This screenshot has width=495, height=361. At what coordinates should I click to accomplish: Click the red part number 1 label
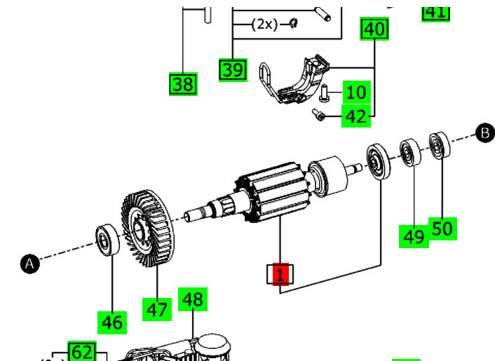click(280, 274)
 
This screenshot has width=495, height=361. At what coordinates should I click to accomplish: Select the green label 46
click(112, 322)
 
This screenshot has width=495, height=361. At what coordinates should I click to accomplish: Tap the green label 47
click(157, 308)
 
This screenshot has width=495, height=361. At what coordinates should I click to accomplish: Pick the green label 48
click(193, 299)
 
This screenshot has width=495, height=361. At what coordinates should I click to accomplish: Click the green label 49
click(414, 236)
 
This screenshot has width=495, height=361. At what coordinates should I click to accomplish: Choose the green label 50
click(442, 228)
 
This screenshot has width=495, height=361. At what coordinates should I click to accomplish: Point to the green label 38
click(183, 84)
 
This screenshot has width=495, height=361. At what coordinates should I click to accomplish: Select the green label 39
click(233, 69)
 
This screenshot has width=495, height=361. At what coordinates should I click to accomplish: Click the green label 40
click(374, 29)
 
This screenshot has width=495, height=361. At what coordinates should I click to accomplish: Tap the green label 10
click(356, 92)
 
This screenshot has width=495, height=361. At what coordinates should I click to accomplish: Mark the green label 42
click(356, 116)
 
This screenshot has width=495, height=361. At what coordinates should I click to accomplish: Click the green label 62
click(81, 352)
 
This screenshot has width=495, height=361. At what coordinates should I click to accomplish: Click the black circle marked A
click(29, 264)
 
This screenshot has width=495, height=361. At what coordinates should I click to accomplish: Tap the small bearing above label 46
click(107, 240)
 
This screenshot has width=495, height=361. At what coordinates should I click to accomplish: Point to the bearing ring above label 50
click(440, 145)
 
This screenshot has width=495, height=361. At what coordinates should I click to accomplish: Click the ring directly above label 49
click(409, 153)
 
